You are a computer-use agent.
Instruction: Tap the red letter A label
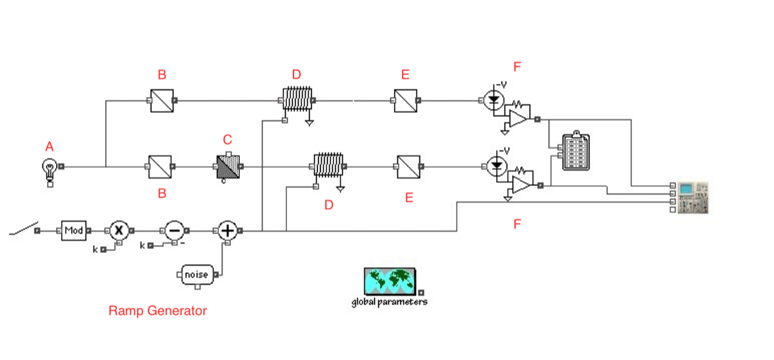pyautogui.click(x=50, y=148)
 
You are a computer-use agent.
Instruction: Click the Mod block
pyautogui.click(x=74, y=230)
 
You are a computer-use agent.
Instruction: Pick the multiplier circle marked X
pyautogui.click(x=118, y=230)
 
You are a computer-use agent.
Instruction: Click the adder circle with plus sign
pyautogui.click(x=226, y=230)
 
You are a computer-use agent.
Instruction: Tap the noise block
pyautogui.click(x=196, y=275)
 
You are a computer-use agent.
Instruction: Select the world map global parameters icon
pyautogui.click(x=390, y=281)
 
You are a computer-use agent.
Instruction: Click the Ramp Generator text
pyautogui.click(x=157, y=311)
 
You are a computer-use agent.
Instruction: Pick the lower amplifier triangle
pyautogui.click(x=521, y=185)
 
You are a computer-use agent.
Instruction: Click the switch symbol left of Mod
pyautogui.click(x=23, y=229)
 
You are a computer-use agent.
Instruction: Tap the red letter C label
pyautogui.click(x=227, y=139)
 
